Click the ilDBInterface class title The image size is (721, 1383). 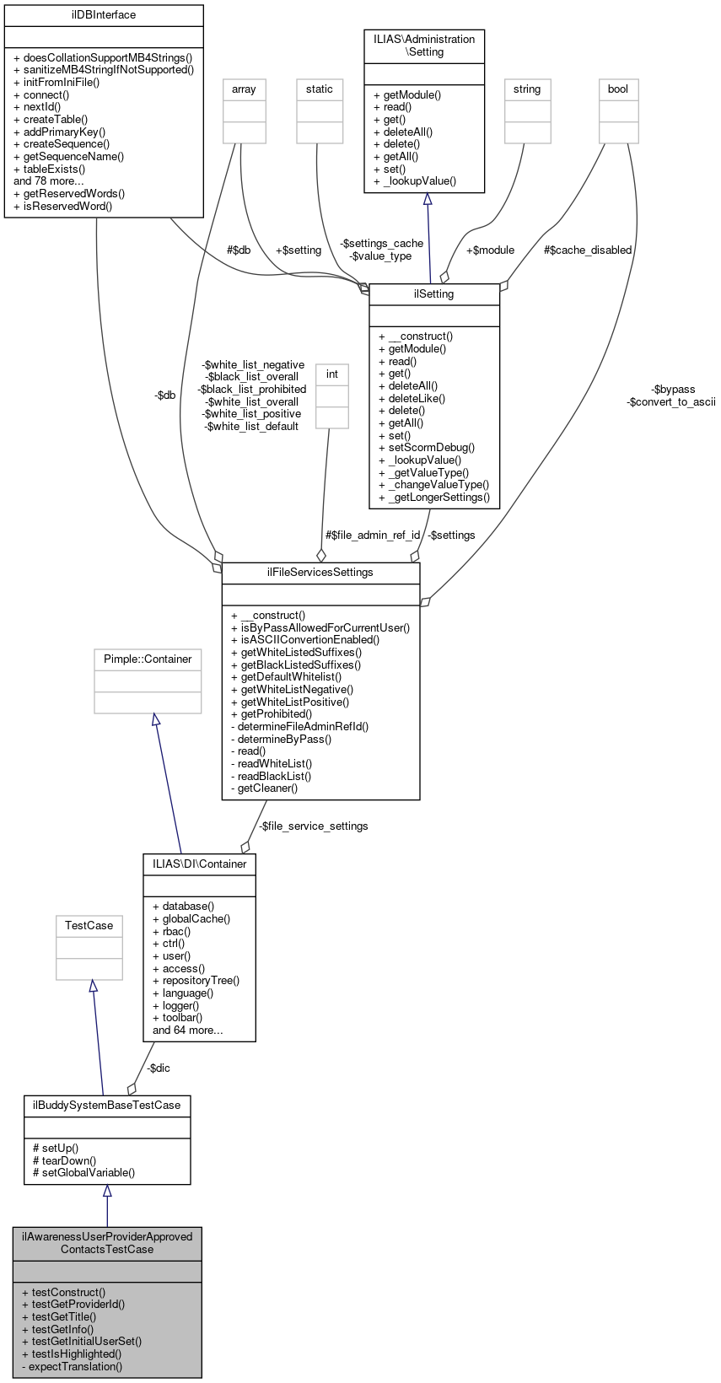[104, 15]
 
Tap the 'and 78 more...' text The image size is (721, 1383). [49, 180]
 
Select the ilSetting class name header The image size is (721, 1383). [434, 294]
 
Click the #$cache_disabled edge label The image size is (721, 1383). [587, 250]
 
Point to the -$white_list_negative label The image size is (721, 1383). [254, 365]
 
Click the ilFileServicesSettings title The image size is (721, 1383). [320, 573]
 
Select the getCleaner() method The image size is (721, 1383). [267, 788]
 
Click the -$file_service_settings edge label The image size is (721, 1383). [313, 826]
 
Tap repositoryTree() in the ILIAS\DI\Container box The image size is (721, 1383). [201, 981]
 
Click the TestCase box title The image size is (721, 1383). [89, 926]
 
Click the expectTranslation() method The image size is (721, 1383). [75, 1367]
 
